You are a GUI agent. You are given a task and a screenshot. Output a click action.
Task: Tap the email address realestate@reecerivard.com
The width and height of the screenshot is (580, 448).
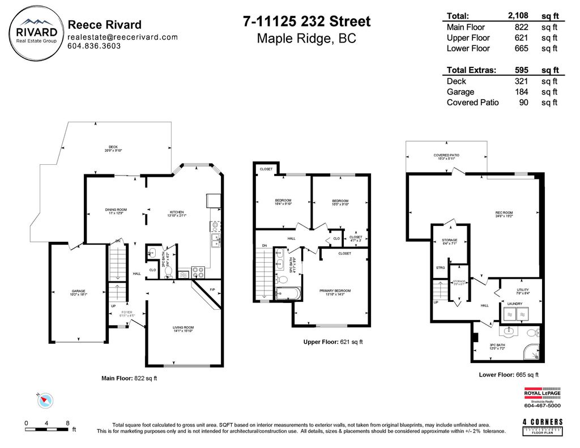point(122,37)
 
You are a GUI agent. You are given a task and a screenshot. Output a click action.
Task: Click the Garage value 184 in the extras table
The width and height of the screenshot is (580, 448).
point(522,92)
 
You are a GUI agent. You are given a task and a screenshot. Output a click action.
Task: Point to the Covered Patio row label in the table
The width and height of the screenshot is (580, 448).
point(472,103)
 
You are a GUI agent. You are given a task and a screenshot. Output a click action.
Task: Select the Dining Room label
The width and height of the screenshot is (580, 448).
point(116,211)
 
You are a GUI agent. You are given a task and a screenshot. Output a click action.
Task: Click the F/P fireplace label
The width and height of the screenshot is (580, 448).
point(212,291)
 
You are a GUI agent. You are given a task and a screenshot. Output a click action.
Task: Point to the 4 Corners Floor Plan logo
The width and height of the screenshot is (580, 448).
point(543,425)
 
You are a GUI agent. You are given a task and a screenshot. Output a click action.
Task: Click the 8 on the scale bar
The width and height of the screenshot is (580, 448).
point(67,424)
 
